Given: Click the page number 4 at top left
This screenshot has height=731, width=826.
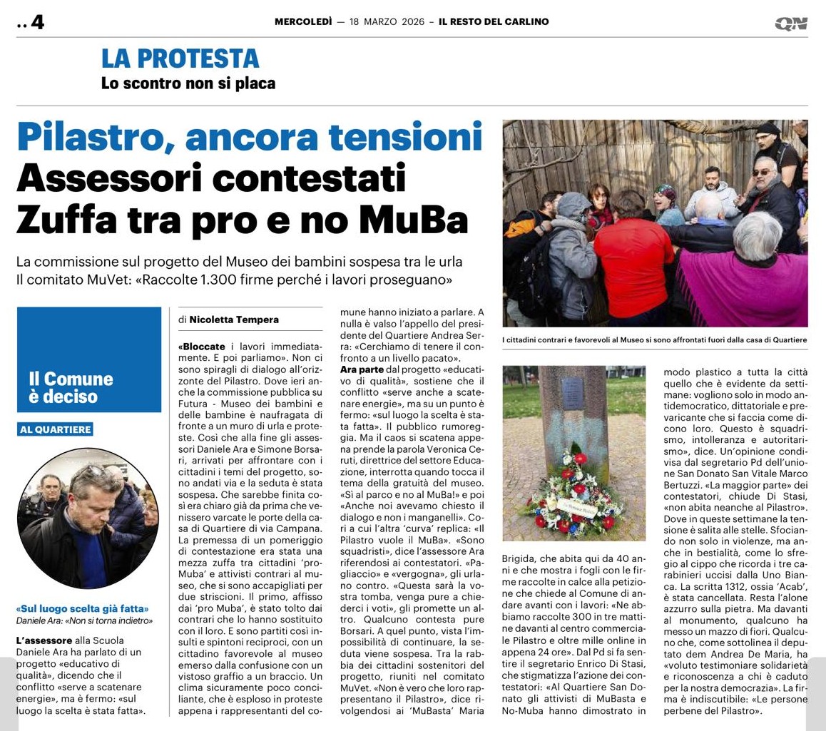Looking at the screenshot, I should click(37, 23).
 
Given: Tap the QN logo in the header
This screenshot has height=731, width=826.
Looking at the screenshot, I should click(791, 24).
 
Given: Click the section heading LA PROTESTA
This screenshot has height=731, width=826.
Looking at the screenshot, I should click(180, 58).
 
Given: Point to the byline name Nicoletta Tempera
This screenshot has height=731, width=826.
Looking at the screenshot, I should click(234, 320).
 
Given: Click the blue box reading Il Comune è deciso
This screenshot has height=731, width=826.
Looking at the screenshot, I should click(89, 369).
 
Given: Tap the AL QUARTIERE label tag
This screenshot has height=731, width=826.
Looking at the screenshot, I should click(55, 429).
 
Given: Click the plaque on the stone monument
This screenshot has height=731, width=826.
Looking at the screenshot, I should click(574, 394).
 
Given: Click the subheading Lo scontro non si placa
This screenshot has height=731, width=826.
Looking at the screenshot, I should click(188, 83).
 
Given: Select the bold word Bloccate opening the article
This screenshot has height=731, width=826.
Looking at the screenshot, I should click(203, 346).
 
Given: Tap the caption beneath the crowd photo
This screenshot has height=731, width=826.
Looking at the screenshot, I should click(654, 340).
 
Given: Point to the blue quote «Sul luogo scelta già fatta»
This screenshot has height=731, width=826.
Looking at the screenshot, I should click(82, 609).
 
